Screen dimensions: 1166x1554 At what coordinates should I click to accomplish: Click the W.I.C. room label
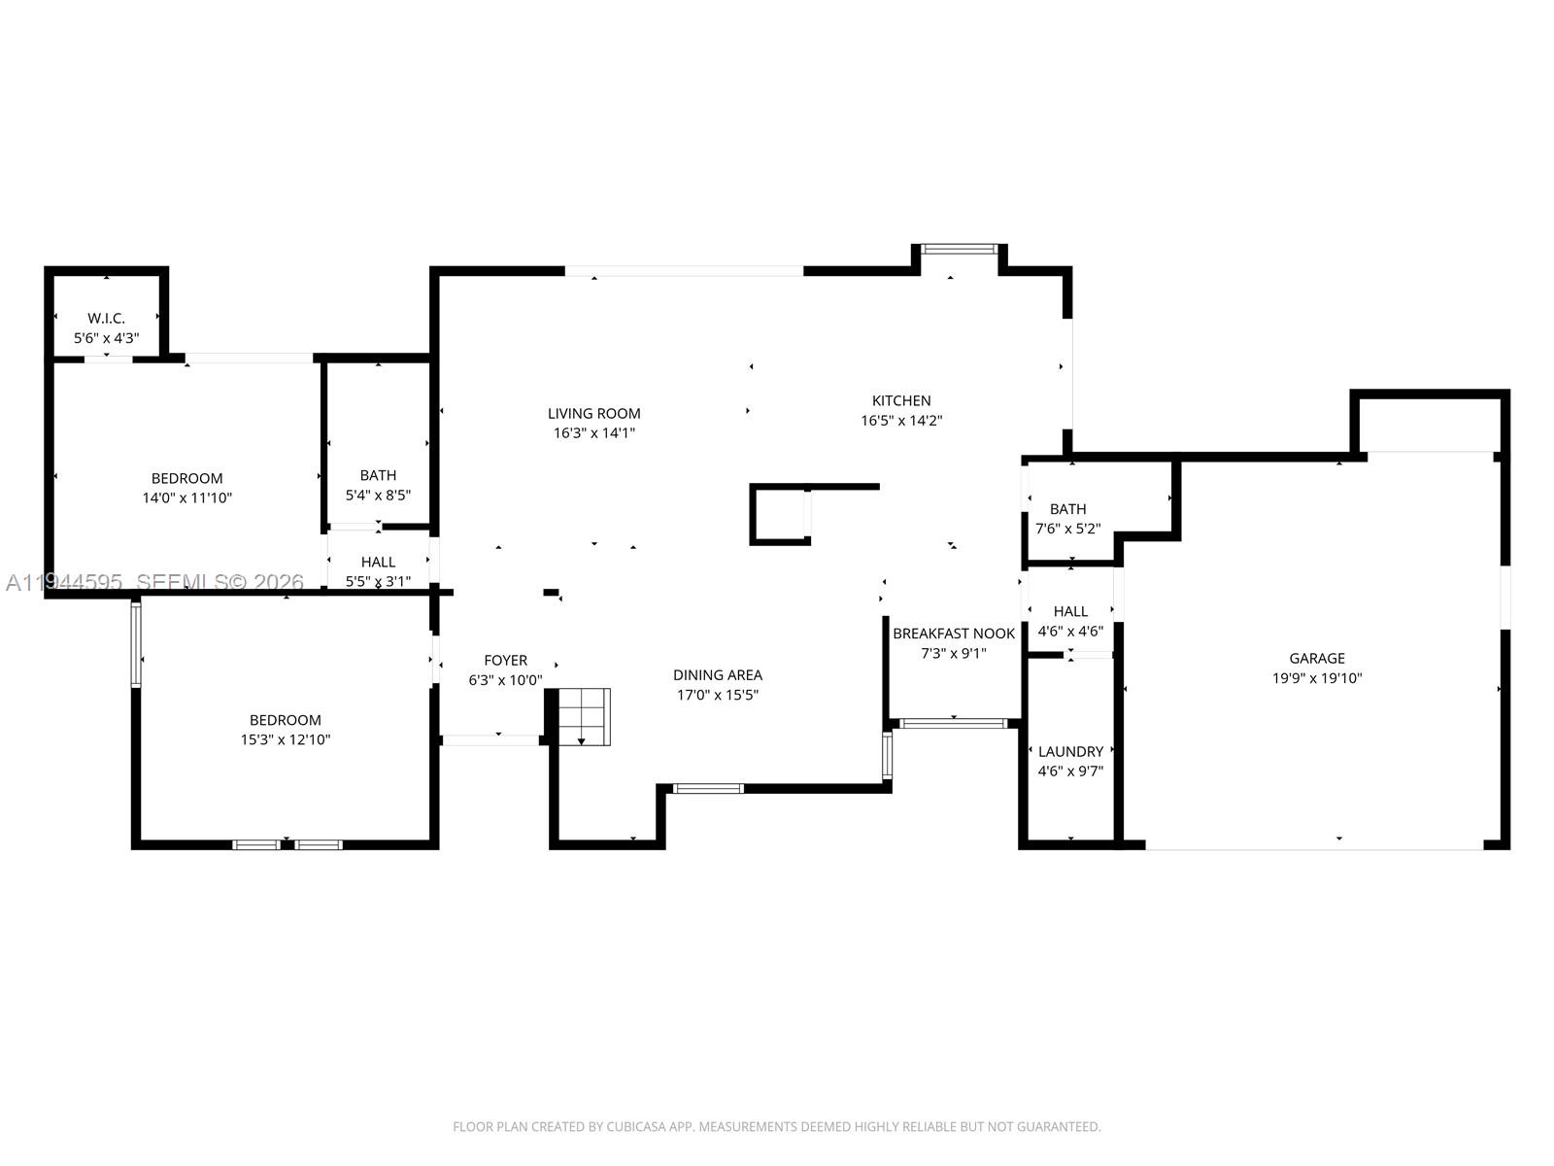point(107,319)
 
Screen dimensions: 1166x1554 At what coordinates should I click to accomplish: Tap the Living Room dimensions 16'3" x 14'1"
point(593,433)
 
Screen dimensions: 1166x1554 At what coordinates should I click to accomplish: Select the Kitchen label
point(901,400)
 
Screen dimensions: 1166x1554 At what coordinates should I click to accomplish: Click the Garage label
point(1317,659)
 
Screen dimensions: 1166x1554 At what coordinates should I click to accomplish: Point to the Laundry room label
point(1070,752)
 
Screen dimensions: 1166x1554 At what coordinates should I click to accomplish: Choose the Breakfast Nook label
point(954,634)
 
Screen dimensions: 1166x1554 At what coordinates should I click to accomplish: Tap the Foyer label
point(505,661)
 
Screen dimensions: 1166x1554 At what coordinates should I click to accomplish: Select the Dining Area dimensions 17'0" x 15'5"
point(718,695)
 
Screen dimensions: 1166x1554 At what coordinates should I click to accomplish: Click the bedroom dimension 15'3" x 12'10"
point(286,739)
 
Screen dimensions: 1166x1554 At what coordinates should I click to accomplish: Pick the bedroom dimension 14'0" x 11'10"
point(187,497)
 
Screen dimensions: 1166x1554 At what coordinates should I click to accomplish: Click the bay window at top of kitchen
point(960,250)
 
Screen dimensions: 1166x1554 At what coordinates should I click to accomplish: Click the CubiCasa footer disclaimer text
point(777,1127)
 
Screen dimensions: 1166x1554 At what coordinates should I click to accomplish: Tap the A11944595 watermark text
point(64,582)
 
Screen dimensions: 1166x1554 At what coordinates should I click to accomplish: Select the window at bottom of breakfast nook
point(953,723)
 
